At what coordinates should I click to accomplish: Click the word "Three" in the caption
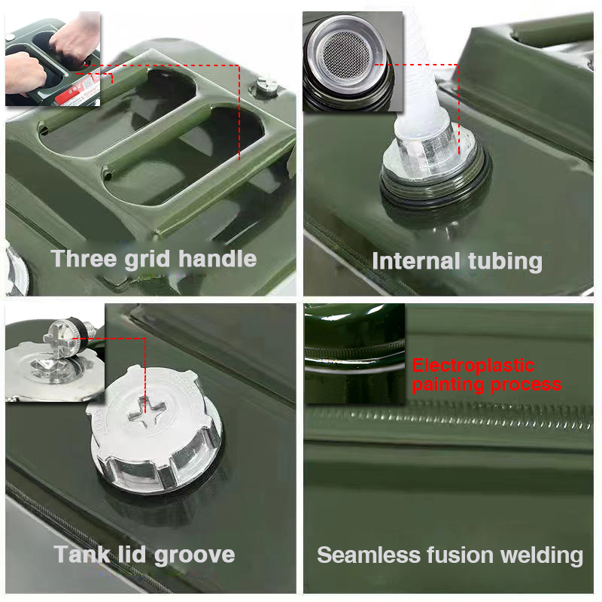tap(84, 258)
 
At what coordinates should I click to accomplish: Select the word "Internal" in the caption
tap(416, 261)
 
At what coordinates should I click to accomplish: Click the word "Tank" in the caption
tap(82, 555)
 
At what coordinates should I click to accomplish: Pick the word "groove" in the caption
tap(194, 556)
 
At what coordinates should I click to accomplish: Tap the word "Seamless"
tap(369, 555)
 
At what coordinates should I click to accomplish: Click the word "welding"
tap(542, 556)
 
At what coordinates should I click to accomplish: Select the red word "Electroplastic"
tap(473, 366)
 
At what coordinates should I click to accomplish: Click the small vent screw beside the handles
tap(266, 87)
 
